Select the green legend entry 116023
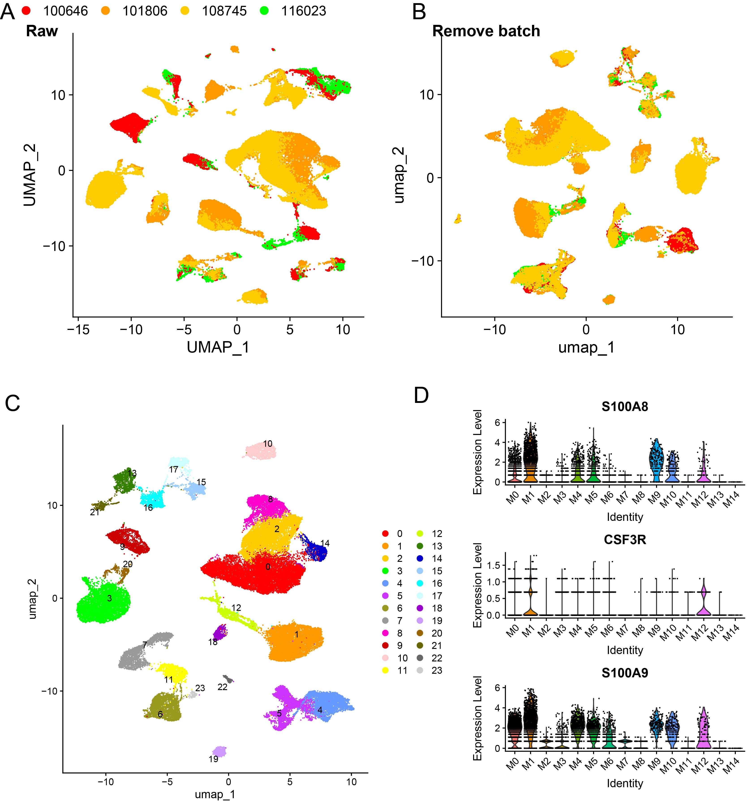point(303,11)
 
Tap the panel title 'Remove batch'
point(486,31)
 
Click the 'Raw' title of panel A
point(42,31)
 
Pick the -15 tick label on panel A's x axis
point(79,329)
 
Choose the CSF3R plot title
point(625,540)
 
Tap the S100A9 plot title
point(625,673)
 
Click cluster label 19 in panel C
point(213,759)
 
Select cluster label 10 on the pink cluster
point(268,444)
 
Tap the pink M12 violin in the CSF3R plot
point(703,600)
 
